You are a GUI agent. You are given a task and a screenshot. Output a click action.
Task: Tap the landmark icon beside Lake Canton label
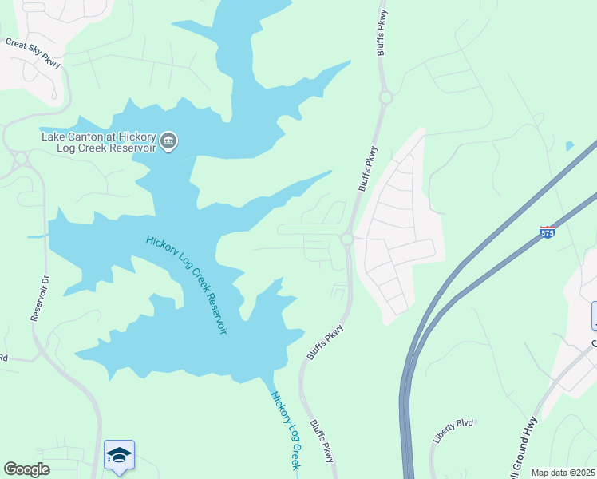[x=168, y=142]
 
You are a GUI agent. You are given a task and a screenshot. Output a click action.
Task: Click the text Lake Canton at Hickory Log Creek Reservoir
[x=99, y=142]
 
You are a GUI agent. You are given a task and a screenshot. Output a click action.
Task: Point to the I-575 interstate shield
[x=547, y=232]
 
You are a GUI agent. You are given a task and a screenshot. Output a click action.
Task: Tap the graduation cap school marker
[x=119, y=456]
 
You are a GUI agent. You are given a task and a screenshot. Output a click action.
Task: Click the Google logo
[x=26, y=469]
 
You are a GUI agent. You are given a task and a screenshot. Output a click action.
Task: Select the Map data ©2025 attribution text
[x=563, y=473]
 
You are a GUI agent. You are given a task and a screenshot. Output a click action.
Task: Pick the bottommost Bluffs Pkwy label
[x=322, y=441]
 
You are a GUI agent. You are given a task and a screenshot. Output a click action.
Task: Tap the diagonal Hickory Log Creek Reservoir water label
[x=186, y=284]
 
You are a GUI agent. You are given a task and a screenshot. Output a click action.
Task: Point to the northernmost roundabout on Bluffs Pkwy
[x=386, y=97]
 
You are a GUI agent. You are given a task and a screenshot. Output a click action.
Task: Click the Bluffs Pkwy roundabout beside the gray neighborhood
[x=347, y=239]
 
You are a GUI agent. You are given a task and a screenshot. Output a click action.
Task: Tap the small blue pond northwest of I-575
[x=568, y=146]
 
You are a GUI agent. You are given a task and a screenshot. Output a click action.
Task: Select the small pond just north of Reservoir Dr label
[x=36, y=237]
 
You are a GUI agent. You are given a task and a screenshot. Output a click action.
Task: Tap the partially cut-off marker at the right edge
[x=593, y=315]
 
